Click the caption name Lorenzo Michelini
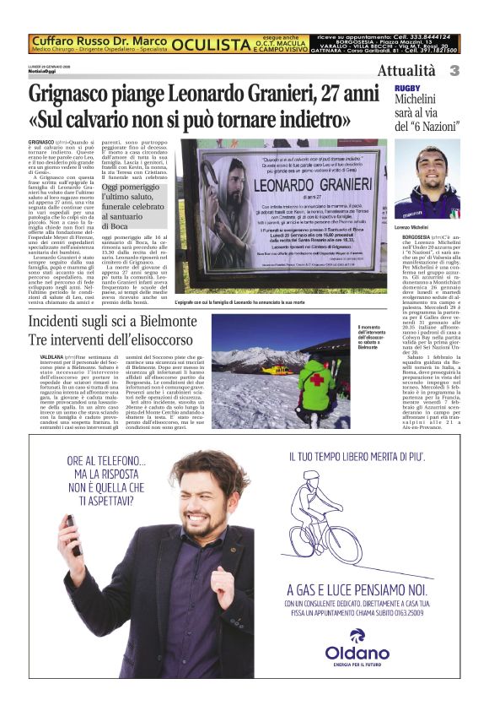click(416, 228)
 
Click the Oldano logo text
click(358, 652)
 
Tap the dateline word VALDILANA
click(41, 358)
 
